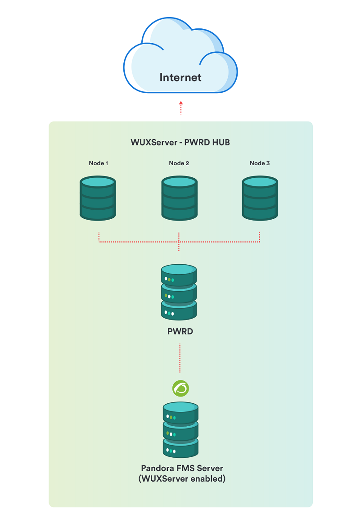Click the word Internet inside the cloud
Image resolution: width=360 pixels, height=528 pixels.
(x=180, y=77)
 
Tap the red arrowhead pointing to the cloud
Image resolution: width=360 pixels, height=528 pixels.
(x=181, y=103)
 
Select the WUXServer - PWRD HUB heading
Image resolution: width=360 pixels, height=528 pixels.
(x=180, y=142)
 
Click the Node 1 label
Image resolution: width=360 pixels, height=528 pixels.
(x=99, y=163)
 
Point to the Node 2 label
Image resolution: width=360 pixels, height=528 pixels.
(x=179, y=163)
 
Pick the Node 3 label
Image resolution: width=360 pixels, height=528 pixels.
(x=260, y=163)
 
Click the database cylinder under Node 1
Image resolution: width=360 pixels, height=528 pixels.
(x=98, y=199)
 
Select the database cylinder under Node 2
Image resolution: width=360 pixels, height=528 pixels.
(x=180, y=199)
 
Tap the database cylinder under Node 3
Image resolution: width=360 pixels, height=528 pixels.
(x=260, y=199)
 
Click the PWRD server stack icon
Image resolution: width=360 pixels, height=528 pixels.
(x=179, y=292)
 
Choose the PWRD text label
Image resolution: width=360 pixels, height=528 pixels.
(x=180, y=332)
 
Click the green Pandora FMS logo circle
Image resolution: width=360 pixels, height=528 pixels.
(x=180, y=388)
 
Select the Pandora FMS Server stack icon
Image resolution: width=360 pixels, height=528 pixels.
(x=180, y=430)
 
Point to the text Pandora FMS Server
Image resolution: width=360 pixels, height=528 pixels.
(x=182, y=469)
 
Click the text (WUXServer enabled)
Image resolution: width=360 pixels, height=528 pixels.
(x=182, y=479)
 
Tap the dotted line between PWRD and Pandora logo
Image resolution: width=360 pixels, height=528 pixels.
(x=180, y=358)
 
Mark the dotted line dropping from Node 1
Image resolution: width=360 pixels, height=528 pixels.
(x=99, y=237)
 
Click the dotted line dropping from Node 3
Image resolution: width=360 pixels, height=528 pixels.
(x=260, y=237)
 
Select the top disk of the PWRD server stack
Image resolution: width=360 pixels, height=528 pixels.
(x=179, y=275)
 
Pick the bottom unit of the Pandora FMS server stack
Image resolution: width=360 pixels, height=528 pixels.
(x=180, y=448)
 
